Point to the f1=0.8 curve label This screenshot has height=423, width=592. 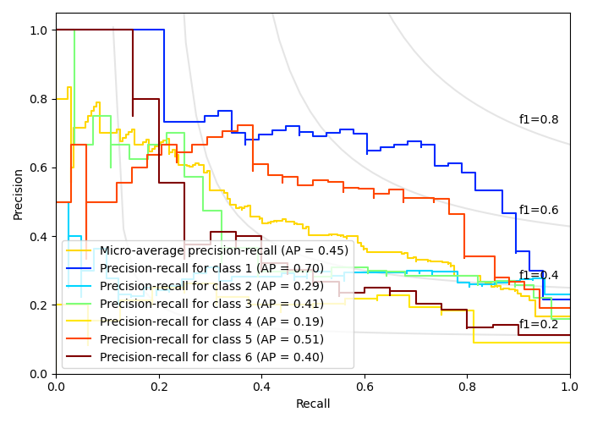click(539, 120)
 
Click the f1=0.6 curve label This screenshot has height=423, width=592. click(539, 210)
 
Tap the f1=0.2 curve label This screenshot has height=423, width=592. click(539, 324)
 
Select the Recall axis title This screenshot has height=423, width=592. click(313, 404)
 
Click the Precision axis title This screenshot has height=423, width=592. click(19, 194)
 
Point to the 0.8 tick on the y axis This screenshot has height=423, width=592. click(39, 99)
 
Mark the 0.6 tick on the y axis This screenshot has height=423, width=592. click(39, 168)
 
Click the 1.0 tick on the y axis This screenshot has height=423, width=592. click(39, 30)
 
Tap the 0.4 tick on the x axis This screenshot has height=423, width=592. click(261, 386)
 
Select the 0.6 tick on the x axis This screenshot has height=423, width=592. click(365, 386)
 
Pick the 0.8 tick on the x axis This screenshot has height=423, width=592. click(467, 386)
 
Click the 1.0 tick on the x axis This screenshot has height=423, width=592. click(569, 386)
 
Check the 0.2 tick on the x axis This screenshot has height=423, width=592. click(159, 386)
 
